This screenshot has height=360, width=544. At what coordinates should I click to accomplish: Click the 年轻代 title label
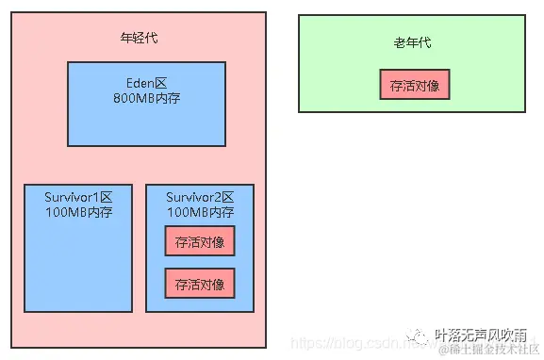(140, 39)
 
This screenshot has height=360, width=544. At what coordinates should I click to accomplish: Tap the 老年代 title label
(413, 42)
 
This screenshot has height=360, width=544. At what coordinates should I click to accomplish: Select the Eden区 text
(146, 82)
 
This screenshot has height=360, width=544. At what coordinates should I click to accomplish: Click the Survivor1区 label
(78, 197)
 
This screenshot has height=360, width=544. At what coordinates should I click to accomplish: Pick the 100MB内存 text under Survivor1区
(78, 211)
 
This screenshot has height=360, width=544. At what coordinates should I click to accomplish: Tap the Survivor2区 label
(200, 197)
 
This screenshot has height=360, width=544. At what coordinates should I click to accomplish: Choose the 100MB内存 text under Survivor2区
(200, 211)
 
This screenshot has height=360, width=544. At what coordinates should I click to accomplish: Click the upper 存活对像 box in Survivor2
(200, 241)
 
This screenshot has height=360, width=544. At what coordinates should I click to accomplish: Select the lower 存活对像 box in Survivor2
(200, 284)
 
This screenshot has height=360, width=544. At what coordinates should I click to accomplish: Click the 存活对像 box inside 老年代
(415, 85)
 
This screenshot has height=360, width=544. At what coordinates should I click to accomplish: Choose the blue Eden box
(146, 127)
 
